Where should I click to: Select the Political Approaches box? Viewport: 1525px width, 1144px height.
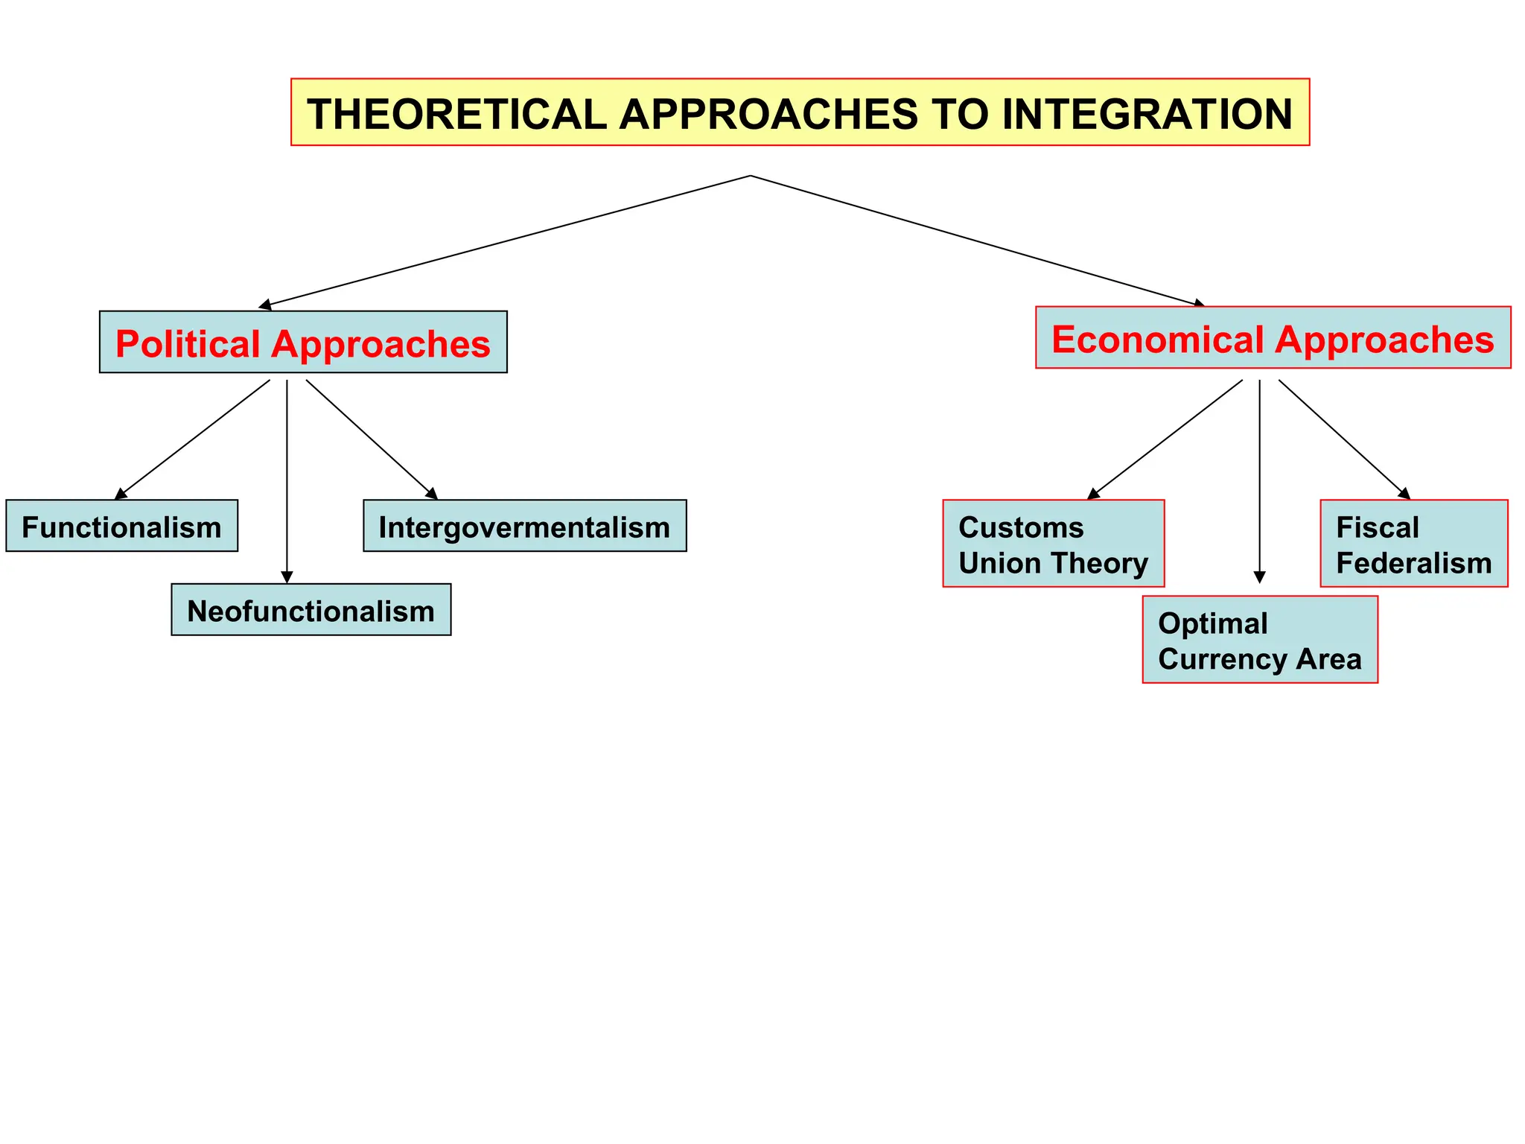(x=303, y=343)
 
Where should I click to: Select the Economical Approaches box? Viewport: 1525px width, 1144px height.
(x=1273, y=338)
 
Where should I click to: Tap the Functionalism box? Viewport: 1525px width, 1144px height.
(x=121, y=527)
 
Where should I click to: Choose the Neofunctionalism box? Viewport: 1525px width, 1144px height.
(x=311, y=610)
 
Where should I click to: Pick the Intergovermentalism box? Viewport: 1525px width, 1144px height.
(x=524, y=527)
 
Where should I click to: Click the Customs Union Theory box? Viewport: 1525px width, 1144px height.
(x=1053, y=544)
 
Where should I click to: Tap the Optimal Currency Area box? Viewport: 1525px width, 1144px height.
(x=1260, y=640)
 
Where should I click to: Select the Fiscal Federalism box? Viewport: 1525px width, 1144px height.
(x=1413, y=544)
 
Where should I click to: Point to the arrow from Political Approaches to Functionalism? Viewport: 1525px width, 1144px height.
(x=192, y=439)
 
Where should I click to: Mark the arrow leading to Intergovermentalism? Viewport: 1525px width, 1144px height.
(x=371, y=439)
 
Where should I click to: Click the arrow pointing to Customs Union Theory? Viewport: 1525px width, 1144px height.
(x=1165, y=439)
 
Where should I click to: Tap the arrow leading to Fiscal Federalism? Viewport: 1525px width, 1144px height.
(x=1344, y=439)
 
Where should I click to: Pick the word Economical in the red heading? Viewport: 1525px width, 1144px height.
(x=1156, y=339)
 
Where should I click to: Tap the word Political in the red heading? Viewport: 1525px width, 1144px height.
(x=188, y=344)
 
